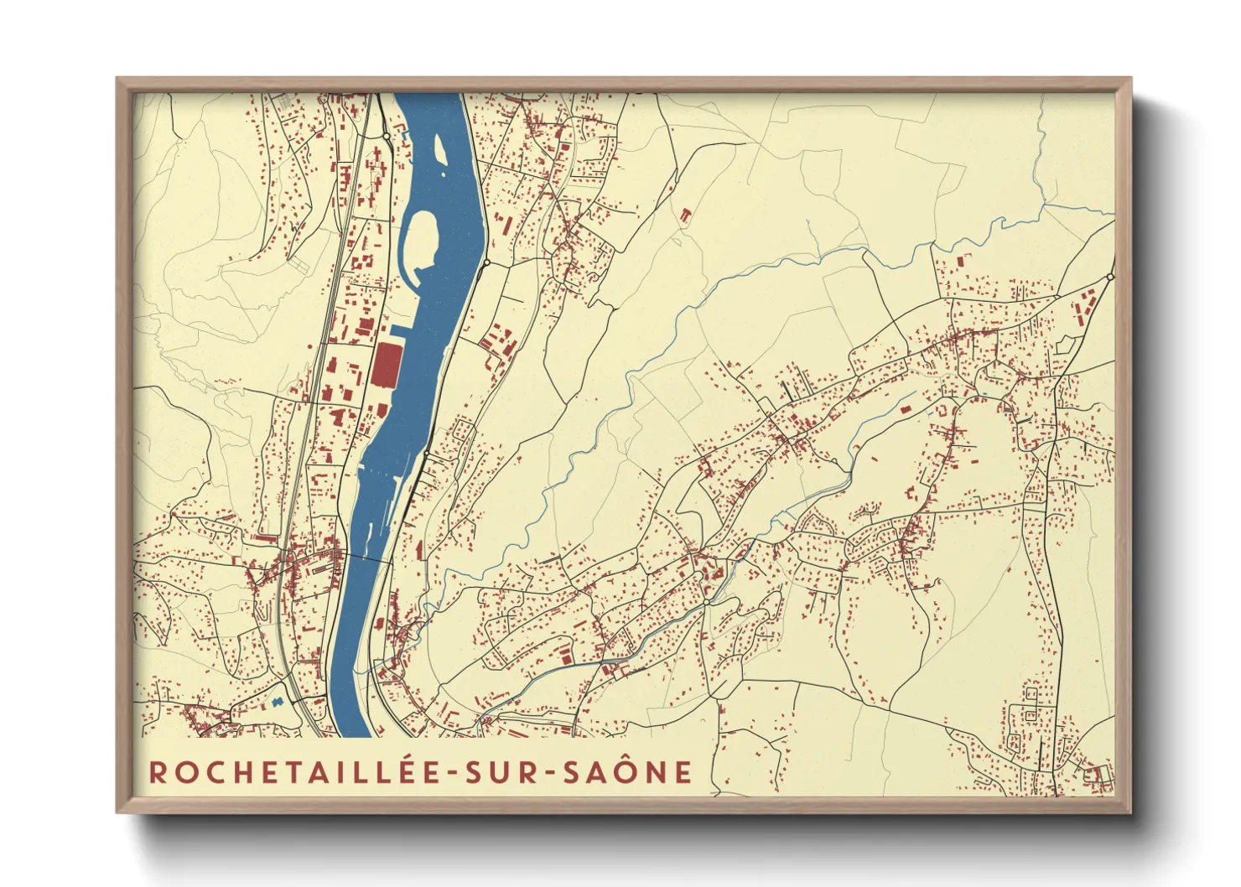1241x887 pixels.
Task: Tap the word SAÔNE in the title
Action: (627, 772)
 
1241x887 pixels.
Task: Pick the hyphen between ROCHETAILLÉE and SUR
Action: (452, 773)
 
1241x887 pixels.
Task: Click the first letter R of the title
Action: (158, 772)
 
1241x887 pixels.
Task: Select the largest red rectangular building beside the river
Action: (387, 366)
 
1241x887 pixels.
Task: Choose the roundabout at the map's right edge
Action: (1110, 276)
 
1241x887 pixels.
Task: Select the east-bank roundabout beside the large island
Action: (485, 262)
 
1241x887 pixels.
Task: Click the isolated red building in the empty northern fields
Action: (685, 215)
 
